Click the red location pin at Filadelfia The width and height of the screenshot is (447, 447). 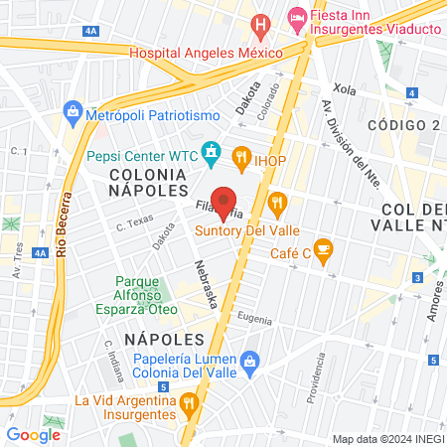coord(223,199)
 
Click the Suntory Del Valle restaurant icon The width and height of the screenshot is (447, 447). coord(277,204)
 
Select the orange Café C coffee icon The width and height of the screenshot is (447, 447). coord(322,248)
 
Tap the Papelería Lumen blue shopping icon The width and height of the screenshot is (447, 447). coord(250,360)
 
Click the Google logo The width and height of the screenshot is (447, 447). coord(33,434)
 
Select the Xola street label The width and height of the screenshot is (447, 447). coord(345,87)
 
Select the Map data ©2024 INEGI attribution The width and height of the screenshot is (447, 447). coord(387,438)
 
